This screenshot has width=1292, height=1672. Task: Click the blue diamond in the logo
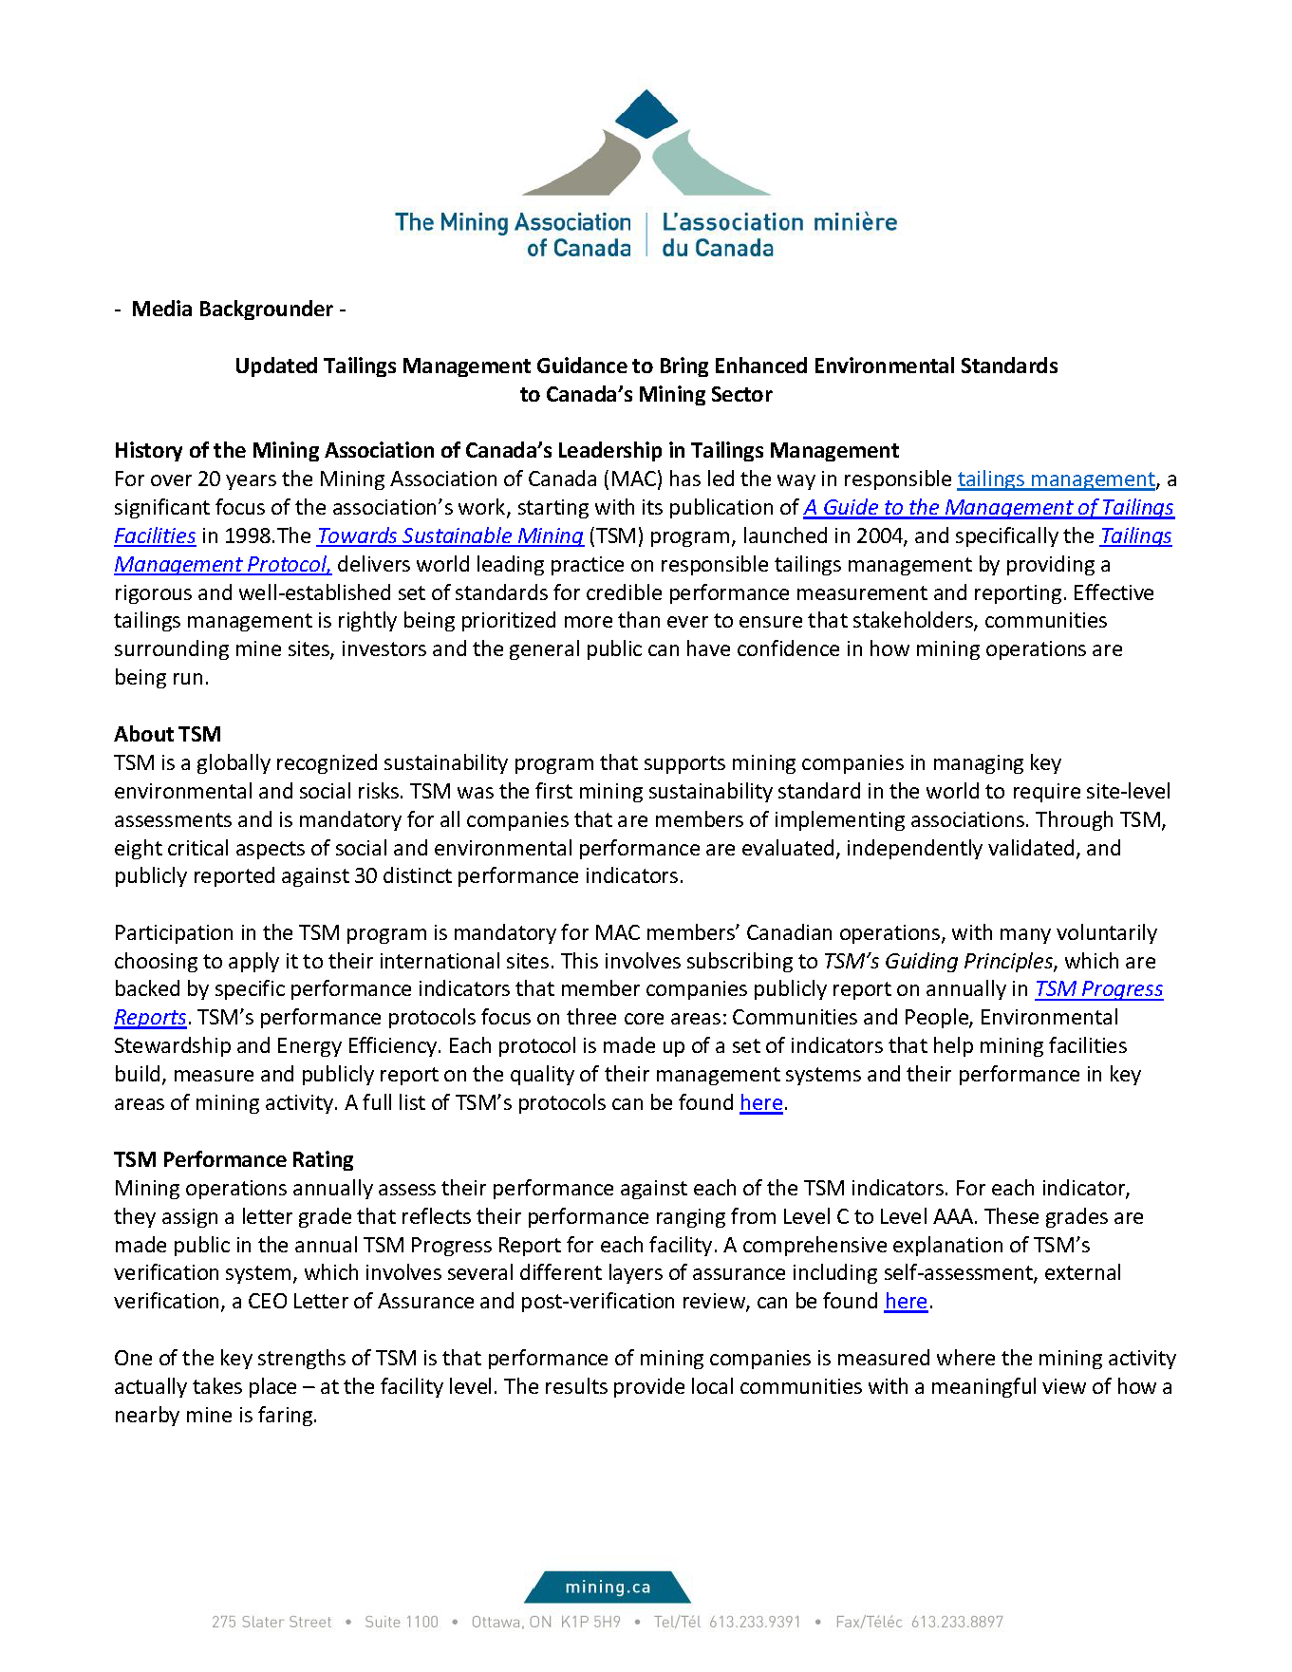pyautogui.click(x=646, y=114)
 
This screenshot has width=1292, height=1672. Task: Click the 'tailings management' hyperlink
pyautogui.click(x=1056, y=479)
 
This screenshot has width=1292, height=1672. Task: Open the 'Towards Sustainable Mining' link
pyautogui.click(x=450, y=536)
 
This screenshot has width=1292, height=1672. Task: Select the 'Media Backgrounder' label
pyautogui.click(x=232, y=310)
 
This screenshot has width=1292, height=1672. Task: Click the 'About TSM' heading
pyautogui.click(x=167, y=735)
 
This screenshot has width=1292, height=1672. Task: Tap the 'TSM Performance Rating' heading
pyautogui.click(x=234, y=1160)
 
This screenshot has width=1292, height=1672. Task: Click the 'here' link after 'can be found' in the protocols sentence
pyautogui.click(x=760, y=1103)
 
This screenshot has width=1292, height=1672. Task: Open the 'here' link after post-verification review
pyautogui.click(x=905, y=1302)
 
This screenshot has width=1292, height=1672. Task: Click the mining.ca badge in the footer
pyautogui.click(x=608, y=1587)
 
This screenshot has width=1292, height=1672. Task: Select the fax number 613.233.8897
pyautogui.click(x=956, y=1623)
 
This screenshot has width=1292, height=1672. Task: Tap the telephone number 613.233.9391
pyautogui.click(x=755, y=1623)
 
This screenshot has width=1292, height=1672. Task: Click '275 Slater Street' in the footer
pyautogui.click(x=272, y=1623)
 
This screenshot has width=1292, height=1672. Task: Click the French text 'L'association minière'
pyautogui.click(x=778, y=222)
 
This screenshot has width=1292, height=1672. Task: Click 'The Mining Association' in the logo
pyautogui.click(x=513, y=222)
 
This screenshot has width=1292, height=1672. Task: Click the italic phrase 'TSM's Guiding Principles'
pyautogui.click(x=937, y=962)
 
